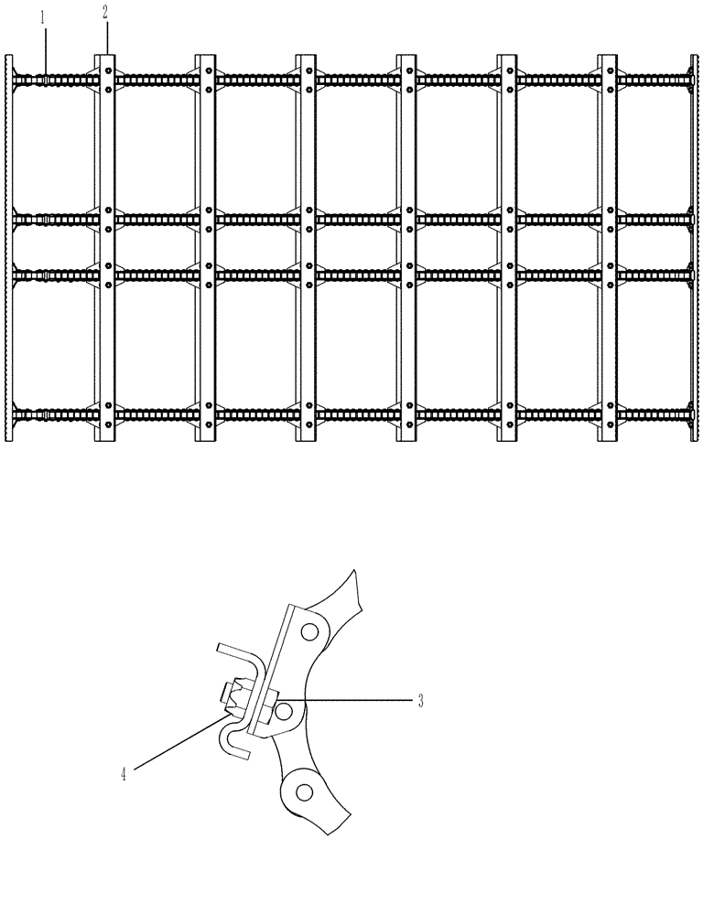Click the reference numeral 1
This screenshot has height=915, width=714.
41,16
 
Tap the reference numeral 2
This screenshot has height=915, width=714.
105,12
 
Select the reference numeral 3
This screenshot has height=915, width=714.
420,702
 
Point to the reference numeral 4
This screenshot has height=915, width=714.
123,774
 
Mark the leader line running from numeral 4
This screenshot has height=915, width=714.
178,746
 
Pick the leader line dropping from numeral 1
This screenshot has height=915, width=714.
42,50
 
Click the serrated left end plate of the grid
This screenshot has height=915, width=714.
9,247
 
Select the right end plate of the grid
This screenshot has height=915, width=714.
693,247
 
